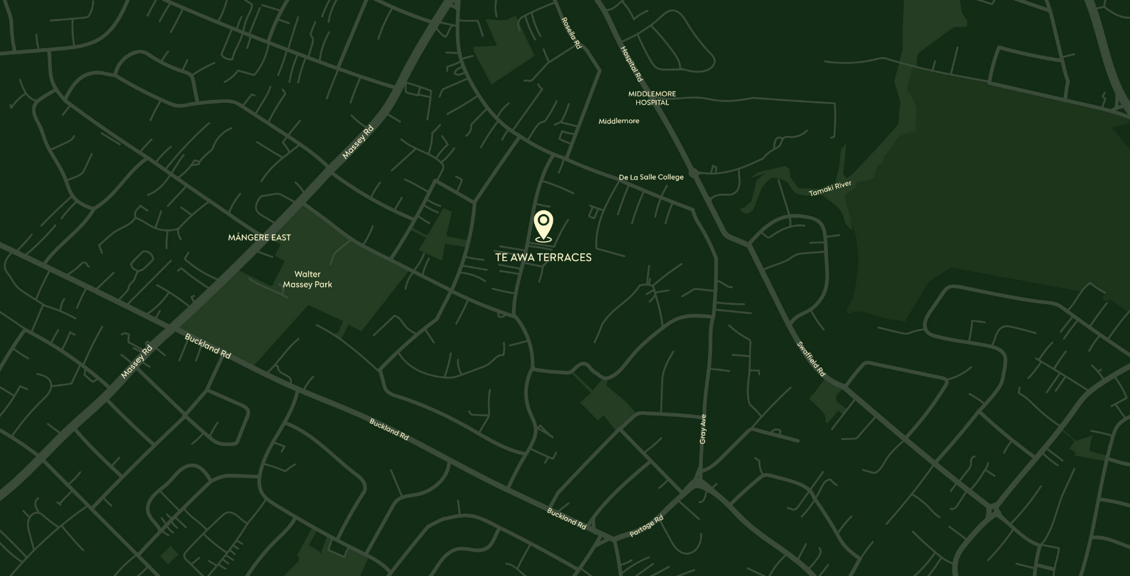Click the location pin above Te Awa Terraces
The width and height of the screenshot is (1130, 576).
[543, 225]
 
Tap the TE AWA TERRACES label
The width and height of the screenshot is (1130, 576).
[543, 257]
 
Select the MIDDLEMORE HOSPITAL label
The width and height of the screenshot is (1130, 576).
[652, 98]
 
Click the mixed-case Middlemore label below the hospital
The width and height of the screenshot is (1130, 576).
[618, 121]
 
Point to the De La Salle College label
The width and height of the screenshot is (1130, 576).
[651, 177]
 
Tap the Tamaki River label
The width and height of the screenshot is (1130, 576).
[830, 189]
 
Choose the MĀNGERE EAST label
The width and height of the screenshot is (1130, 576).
[259, 237]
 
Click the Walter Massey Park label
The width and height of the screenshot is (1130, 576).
[307, 279]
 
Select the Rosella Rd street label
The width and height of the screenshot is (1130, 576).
[571, 33]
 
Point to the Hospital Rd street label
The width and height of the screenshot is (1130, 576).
[631, 64]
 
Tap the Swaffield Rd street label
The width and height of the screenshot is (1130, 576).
[811, 359]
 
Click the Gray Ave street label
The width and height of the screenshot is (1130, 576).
[703, 428]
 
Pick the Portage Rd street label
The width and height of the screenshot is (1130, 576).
[646, 526]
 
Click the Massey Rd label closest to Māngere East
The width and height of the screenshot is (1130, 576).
[357, 142]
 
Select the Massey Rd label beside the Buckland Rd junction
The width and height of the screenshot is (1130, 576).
[137, 362]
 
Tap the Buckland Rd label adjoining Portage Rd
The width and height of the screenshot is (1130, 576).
[566, 519]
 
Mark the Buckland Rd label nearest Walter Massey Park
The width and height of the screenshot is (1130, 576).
[207, 346]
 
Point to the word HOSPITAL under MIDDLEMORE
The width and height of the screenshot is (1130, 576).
[652, 103]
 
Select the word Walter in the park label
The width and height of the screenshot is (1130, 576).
[307, 274]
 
